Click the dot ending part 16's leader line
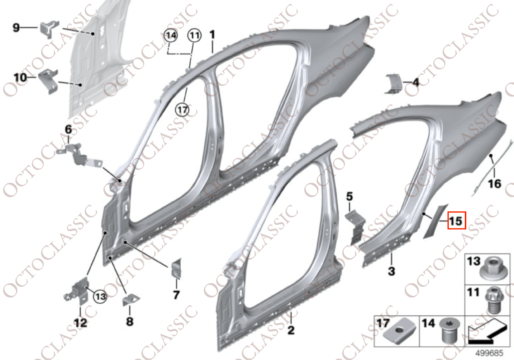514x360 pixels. tap(491, 156)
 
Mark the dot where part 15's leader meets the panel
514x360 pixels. tap(424, 214)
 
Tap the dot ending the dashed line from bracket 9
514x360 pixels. tap(93, 34)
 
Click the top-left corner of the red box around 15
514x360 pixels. tap(448, 213)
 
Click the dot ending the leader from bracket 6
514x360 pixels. tap(120, 181)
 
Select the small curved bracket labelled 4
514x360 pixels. tap(393, 84)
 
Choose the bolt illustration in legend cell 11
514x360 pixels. tap(493, 300)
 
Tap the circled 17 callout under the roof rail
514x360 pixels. tap(183, 109)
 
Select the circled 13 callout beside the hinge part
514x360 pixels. tap(100, 297)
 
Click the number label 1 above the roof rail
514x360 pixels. tap(212, 35)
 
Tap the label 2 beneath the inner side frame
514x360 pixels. tap(291, 330)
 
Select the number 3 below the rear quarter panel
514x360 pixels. tap(392, 271)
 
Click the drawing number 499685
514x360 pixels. tap(489, 353)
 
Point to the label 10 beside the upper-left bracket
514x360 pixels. tap(20, 78)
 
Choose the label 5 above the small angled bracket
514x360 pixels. tap(349, 197)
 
